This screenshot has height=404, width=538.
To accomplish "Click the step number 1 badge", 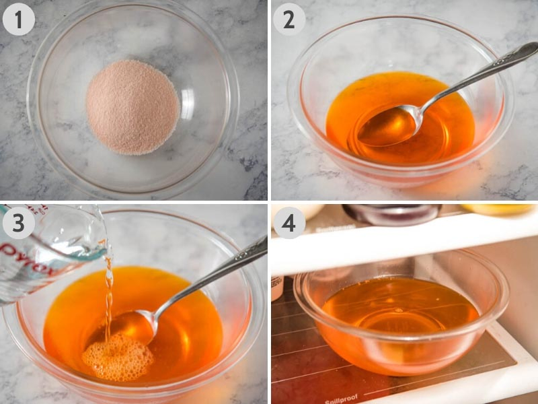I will (19, 20).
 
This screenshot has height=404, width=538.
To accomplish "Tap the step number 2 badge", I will (289, 20).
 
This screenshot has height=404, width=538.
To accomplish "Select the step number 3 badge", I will (19, 222).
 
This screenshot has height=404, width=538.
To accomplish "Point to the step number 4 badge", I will (289, 222).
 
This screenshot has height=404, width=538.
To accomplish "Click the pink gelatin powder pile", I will (132, 106).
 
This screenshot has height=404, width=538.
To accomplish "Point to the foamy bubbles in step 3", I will (118, 357).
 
